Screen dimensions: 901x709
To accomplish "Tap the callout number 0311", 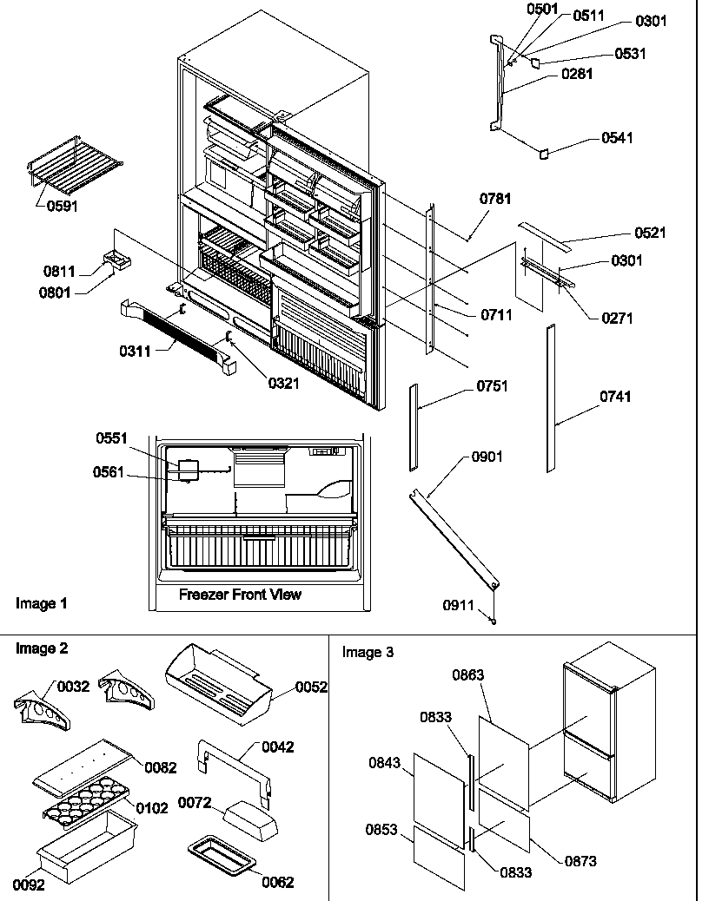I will [x=136, y=351].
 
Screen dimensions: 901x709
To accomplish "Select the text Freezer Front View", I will [x=240, y=595].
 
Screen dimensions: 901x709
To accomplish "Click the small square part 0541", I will [x=545, y=154].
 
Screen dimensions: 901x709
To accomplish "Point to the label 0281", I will [x=577, y=75].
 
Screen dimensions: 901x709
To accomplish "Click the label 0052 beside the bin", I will [x=311, y=687].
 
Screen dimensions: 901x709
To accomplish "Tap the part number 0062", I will [x=277, y=883].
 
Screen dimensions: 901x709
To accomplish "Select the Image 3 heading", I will [x=367, y=652].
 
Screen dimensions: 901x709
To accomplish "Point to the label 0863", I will [x=468, y=674].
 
